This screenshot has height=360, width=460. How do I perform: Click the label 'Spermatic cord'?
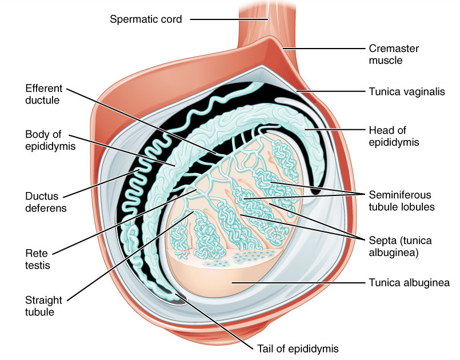[146, 19]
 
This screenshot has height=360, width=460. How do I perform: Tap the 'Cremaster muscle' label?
[394, 54]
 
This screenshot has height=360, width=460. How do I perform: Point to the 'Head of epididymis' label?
[395, 136]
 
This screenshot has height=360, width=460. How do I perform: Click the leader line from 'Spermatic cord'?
[229, 19]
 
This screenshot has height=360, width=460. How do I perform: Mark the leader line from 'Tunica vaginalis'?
[331, 91]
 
